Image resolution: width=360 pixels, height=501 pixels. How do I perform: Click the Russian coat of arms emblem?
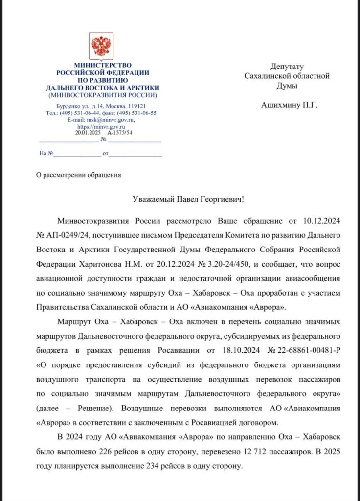click(102, 46)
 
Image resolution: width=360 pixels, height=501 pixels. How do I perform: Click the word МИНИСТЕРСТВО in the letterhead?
click(102, 65)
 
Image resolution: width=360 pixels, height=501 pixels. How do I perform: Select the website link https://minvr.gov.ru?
click(101, 126)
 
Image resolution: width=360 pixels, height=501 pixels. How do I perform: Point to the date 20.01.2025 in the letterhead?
click(87, 132)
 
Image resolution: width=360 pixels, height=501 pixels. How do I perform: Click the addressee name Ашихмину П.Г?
click(289, 104)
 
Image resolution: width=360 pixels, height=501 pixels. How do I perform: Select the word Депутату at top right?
click(287, 67)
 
